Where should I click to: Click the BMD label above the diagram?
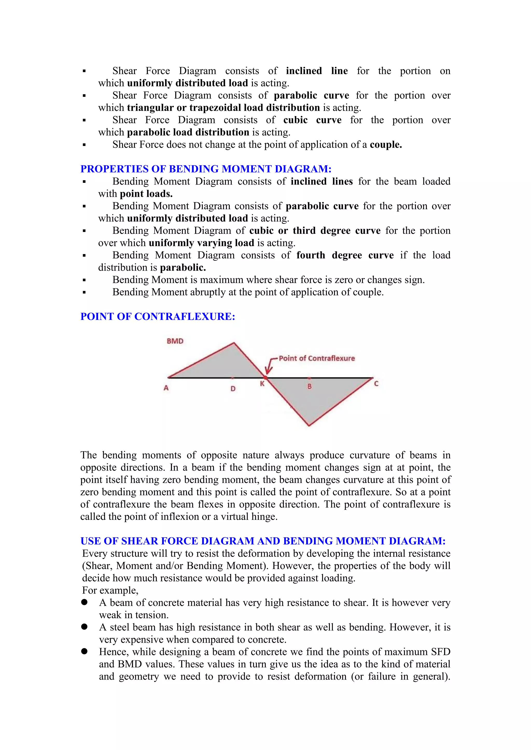175,341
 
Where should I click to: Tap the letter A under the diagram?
166,388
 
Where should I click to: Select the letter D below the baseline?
233,389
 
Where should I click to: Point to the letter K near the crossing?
262,384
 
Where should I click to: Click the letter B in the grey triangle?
309,386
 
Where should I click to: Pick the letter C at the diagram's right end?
376,384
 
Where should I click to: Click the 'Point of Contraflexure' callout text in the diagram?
317,358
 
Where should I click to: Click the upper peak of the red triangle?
234,343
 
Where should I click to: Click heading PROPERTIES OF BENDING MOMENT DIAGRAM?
206,169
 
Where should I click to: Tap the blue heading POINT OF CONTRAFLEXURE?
158,316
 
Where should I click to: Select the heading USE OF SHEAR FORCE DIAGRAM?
263,541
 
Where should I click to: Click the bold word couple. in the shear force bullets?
386,145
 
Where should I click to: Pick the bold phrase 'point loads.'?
146,194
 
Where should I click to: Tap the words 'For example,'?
110,590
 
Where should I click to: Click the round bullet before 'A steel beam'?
84,626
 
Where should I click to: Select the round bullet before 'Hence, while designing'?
84,651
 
